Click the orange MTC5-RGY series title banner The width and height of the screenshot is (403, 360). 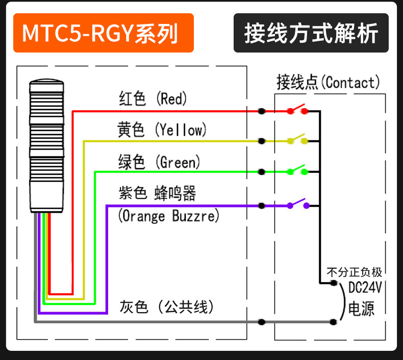(x=104, y=33)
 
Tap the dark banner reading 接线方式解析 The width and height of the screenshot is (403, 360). (x=311, y=33)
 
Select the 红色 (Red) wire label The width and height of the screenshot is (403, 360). (x=153, y=98)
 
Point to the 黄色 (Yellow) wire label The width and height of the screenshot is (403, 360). (x=162, y=130)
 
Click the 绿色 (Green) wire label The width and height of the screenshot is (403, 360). (x=159, y=162)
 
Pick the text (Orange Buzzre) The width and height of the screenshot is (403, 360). (x=169, y=216)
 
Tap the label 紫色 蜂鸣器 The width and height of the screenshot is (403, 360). (x=157, y=193)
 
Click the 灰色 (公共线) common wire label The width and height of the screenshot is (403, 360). (x=166, y=307)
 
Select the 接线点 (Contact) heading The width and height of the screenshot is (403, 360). (x=328, y=82)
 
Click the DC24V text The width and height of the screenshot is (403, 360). (x=365, y=287)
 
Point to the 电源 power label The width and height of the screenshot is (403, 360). (x=361, y=308)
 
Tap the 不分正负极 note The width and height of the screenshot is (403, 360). (x=354, y=272)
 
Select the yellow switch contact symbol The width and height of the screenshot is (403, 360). (x=297, y=139)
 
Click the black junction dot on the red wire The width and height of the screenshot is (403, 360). (x=261, y=111)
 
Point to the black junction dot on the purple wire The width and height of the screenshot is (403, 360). (x=261, y=205)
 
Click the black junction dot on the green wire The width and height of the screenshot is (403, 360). (x=261, y=172)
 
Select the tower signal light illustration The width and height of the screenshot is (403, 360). (x=46, y=146)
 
